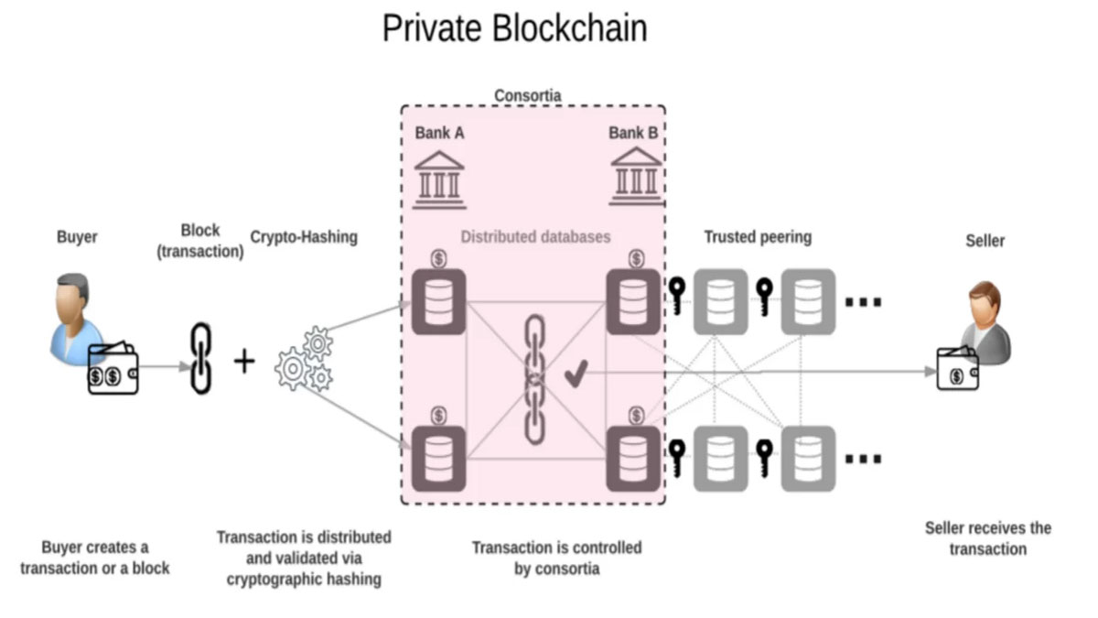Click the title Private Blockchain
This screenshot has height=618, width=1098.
[514, 28]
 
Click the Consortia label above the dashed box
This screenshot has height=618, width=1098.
[527, 95]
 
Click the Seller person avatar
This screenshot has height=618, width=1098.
[986, 317]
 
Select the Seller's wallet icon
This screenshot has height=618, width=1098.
[957, 371]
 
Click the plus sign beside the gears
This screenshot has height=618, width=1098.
[243, 361]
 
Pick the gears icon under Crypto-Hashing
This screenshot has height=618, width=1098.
[304, 359]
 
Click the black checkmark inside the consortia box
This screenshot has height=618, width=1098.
[576, 373]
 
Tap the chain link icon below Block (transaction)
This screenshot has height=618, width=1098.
[199, 358]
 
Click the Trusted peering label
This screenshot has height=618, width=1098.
[757, 237]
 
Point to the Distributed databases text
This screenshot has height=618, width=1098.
[535, 237]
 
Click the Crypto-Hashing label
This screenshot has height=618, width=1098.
[304, 237]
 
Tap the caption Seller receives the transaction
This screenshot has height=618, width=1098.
[987, 538]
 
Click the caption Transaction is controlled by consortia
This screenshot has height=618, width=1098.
[556, 558]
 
